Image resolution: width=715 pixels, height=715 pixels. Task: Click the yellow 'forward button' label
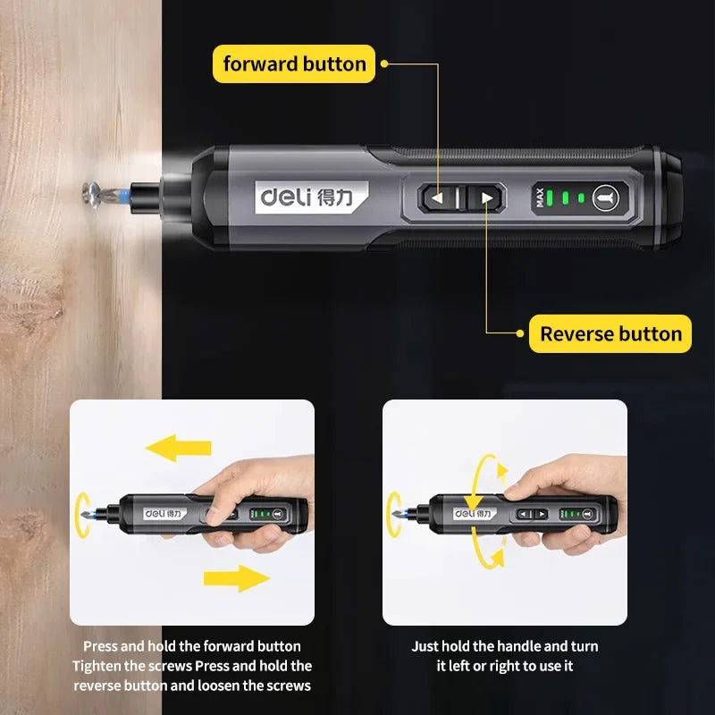(x=294, y=64)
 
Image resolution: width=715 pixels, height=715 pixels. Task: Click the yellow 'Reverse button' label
(x=610, y=334)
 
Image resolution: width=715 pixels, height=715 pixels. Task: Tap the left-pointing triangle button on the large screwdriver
(x=438, y=198)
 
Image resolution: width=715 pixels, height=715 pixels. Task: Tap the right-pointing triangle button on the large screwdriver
(x=486, y=198)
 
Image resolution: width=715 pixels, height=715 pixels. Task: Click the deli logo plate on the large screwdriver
(x=310, y=197)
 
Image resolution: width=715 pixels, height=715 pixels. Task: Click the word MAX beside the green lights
(x=540, y=198)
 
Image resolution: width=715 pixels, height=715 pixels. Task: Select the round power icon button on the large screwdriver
(x=602, y=198)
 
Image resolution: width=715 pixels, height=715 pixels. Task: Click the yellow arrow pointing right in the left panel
(x=238, y=578)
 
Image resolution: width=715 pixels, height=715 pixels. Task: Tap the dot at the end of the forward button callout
(x=384, y=64)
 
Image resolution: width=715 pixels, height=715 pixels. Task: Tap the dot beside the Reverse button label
(x=520, y=334)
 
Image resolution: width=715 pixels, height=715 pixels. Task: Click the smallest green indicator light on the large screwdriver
(x=581, y=198)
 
